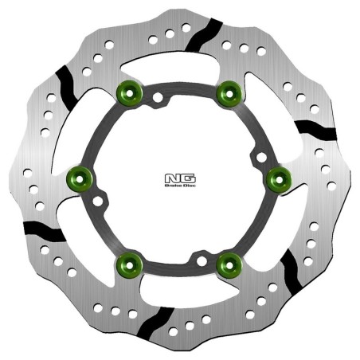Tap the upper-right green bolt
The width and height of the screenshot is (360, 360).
coord(229,92)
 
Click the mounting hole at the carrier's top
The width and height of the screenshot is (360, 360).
coord(158,99)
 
